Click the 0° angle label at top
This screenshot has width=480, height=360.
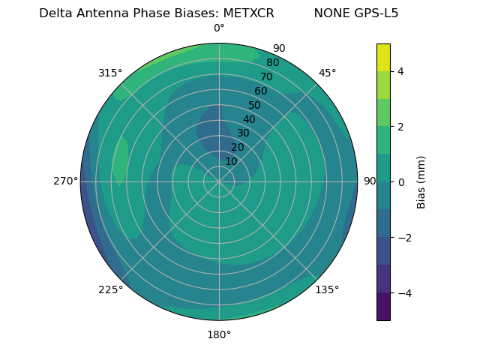(x=219, y=28)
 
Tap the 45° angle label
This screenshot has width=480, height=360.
(x=327, y=73)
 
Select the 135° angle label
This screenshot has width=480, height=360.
(x=327, y=289)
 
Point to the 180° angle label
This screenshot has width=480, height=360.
(x=219, y=334)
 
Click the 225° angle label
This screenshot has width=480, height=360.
(x=110, y=289)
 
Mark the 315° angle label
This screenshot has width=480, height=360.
(x=110, y=73)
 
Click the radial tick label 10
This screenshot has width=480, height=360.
(x=231, y=161)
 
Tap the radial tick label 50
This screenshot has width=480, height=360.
(x=254, y=105)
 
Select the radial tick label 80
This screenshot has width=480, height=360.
(x=272, y=63)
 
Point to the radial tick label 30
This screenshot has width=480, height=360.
(x=243, y=133)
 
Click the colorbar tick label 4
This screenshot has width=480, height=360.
(x=401, y=71)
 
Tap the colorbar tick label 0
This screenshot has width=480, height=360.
(x=401, y=181)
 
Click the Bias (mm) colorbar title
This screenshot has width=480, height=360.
(x=421, y=181)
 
